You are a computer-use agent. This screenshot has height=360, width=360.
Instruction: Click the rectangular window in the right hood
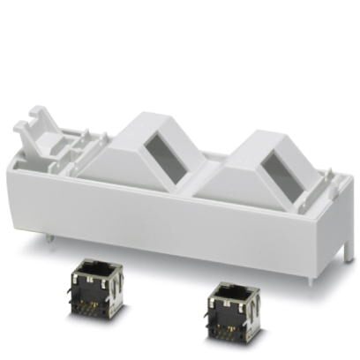tap(283, 171)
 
